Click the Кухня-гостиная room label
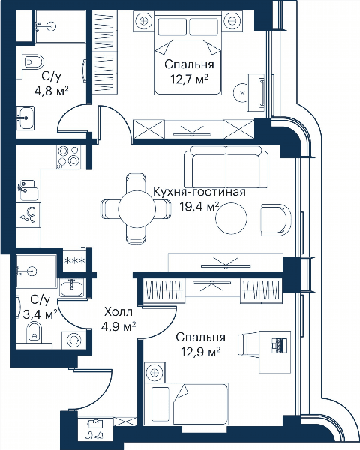pyautogui.click(x=199, y=192)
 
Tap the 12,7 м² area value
pyautogui.click(x=189, y=79)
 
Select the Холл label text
pyautogui.click(x=118, y=311)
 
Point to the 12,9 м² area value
pyautogui.click(x=201, y=352)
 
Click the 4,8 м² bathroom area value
pyautogui.click(x=51, y=91)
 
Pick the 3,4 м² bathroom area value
pyautogui.click(x=40, y=314)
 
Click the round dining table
pyautogui.click(x=136, y=209)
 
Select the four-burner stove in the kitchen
pyautogui.click(x=68, y=157)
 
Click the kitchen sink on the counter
pyautogui.click(x=28, y=190)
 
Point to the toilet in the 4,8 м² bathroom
pyautogui.click(x=32, y=61)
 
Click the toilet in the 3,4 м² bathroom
pyautogui.click(x=34, y=332)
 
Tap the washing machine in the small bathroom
pyautogui.click(x=73, y=340)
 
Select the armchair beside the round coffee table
pyautogui.click(x=276, y=220)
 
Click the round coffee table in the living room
pyautogui.click(x=231, y=218)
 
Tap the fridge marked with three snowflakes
pyautogui.click(x=75, y=260)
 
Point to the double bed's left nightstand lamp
pyautogui.click(x=143, y=20)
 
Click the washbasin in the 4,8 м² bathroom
pyautogui.click(x=25, y=118)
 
